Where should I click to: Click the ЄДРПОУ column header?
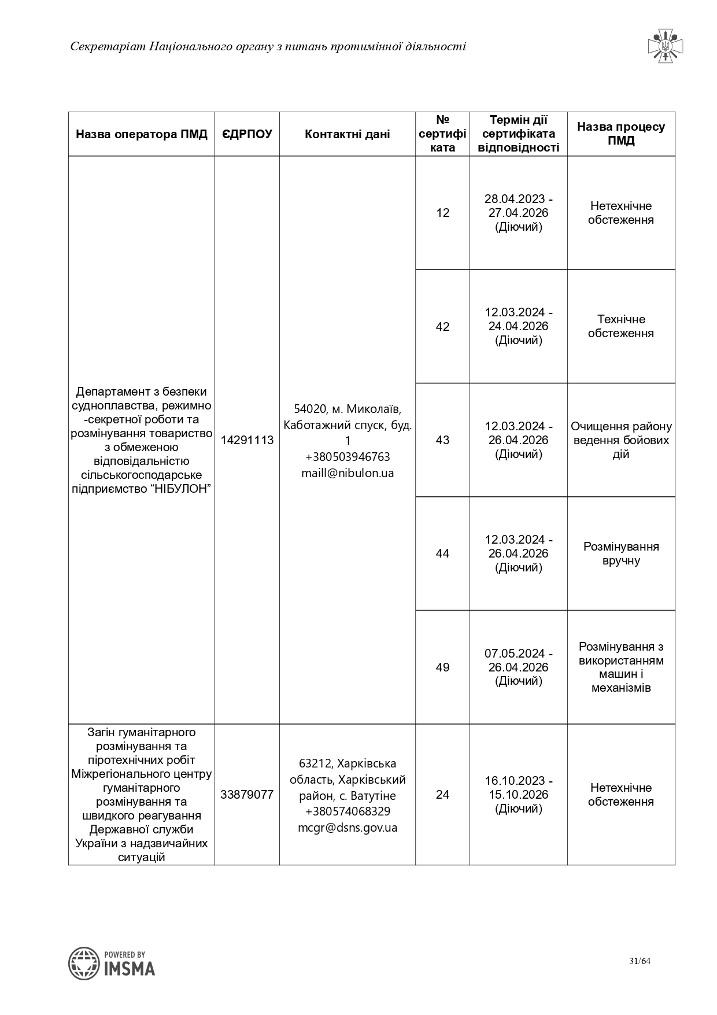pos(247,134)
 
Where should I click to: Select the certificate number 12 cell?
pos(442,213)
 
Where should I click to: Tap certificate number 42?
pos(442,327)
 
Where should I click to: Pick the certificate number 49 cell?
pos(442,667)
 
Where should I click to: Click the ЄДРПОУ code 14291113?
pos(247,440)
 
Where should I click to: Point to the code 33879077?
pos(247,795)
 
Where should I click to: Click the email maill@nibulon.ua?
pos(348,473)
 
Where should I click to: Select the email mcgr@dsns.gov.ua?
pos(348,828)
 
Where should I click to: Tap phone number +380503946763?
pos(348,457)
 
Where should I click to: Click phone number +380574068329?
pos(348,811)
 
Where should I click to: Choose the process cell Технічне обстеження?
pos(621,326)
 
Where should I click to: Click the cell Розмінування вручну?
pos(621,553)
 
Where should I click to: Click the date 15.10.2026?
pos(518,795)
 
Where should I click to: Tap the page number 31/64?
pos(640,962)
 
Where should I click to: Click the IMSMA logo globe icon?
pos(84,964)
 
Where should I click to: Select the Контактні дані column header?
pos(348,134)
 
